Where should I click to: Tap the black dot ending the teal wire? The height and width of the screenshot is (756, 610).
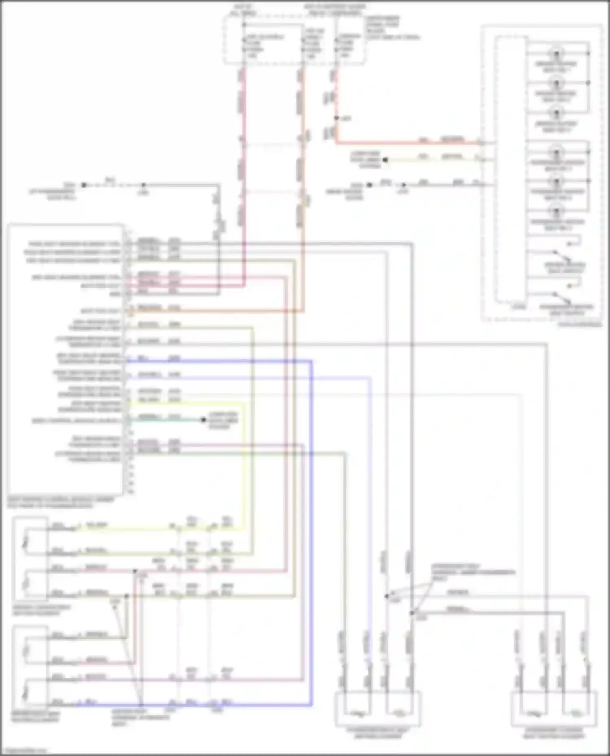point(204,420)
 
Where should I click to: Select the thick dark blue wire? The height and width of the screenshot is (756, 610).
point(312,528)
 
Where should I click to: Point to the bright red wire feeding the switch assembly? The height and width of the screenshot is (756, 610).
point(407,143)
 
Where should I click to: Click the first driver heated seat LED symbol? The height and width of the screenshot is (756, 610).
point(556,53)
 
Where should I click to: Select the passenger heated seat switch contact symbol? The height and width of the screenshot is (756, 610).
point(563,299)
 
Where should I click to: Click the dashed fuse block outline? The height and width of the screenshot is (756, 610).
point(294,41)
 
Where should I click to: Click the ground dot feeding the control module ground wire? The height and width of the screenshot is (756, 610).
point(84,185)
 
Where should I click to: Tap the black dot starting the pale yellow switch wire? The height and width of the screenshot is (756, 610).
point(385,160)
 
